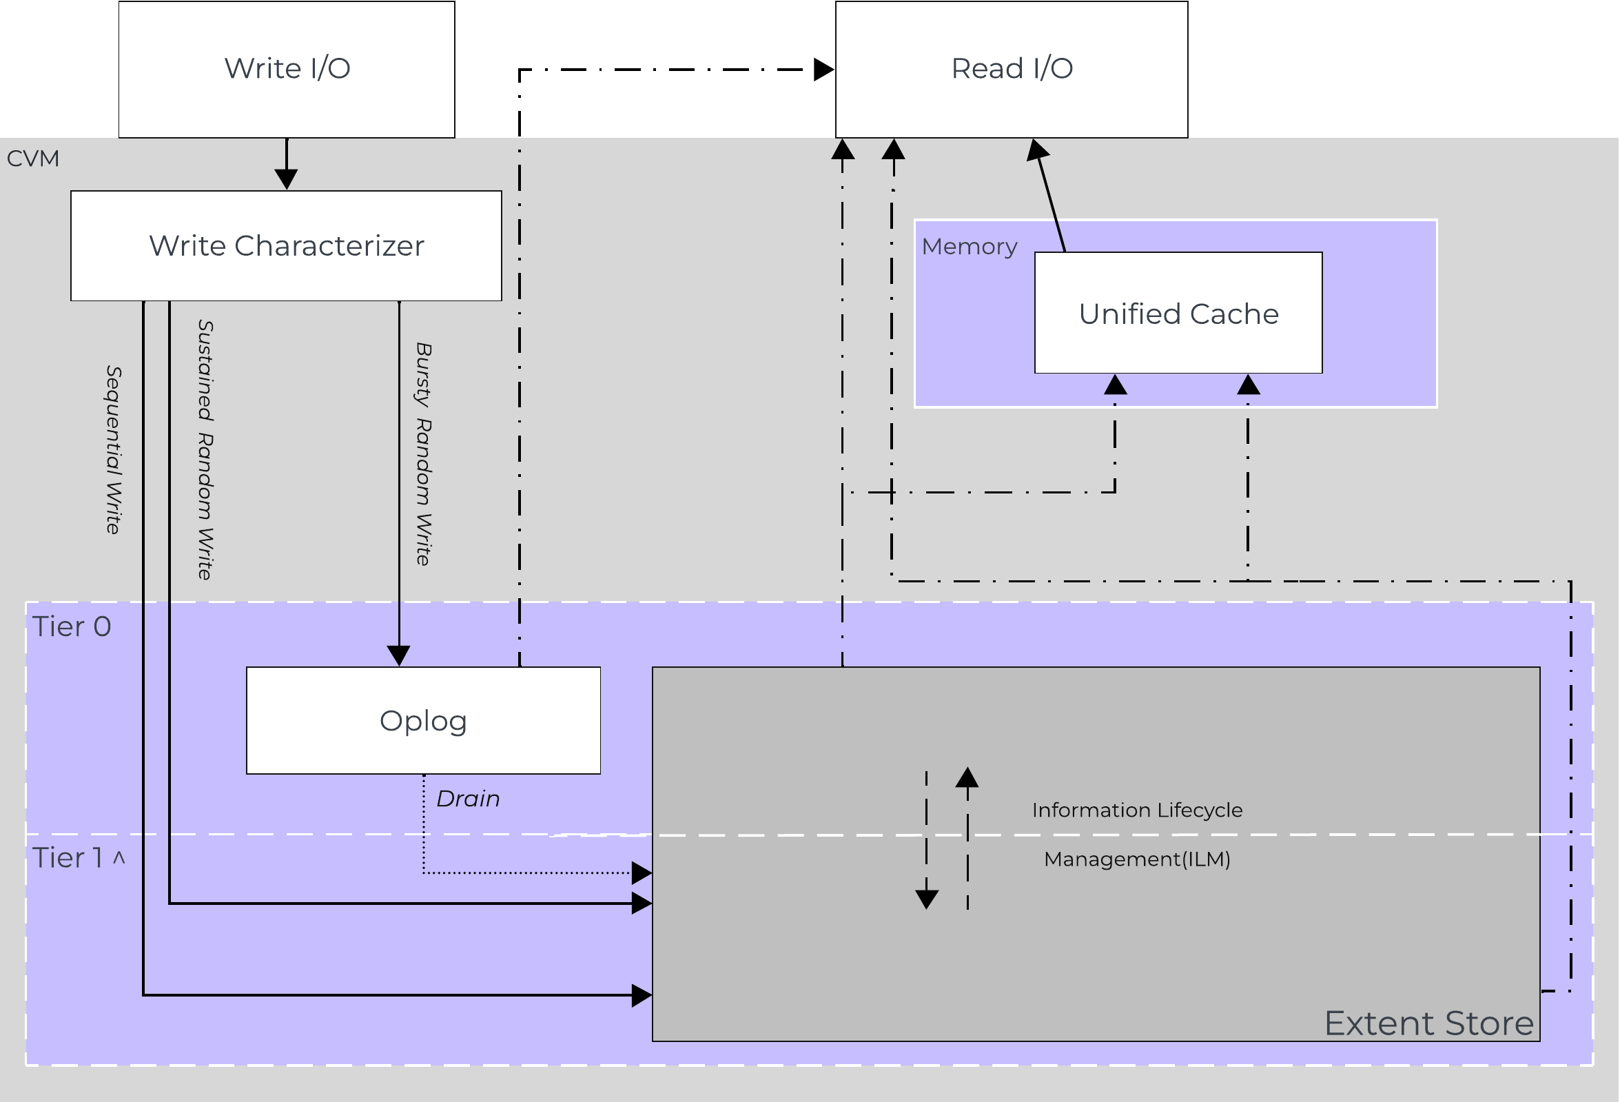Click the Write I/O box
click(287, 68)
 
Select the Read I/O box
click(1012, 68)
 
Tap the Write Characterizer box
click(286, 245)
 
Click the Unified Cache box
click(1178, 314)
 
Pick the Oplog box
click(423, 720)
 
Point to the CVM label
click(33, 159)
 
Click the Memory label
click(969, 246)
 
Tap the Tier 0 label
click(72, 626)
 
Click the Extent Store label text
click(1428, 1023)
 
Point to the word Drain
click(468, 798)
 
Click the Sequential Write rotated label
click(114, 449)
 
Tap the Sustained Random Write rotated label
click(205, 449)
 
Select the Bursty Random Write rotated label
click(423, 453)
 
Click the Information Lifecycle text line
click(1137, 810)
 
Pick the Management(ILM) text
click(1137, 859)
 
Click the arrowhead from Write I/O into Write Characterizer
click(287, 180)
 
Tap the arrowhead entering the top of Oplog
click(399, 656)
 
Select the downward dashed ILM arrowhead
click(926, 900)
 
